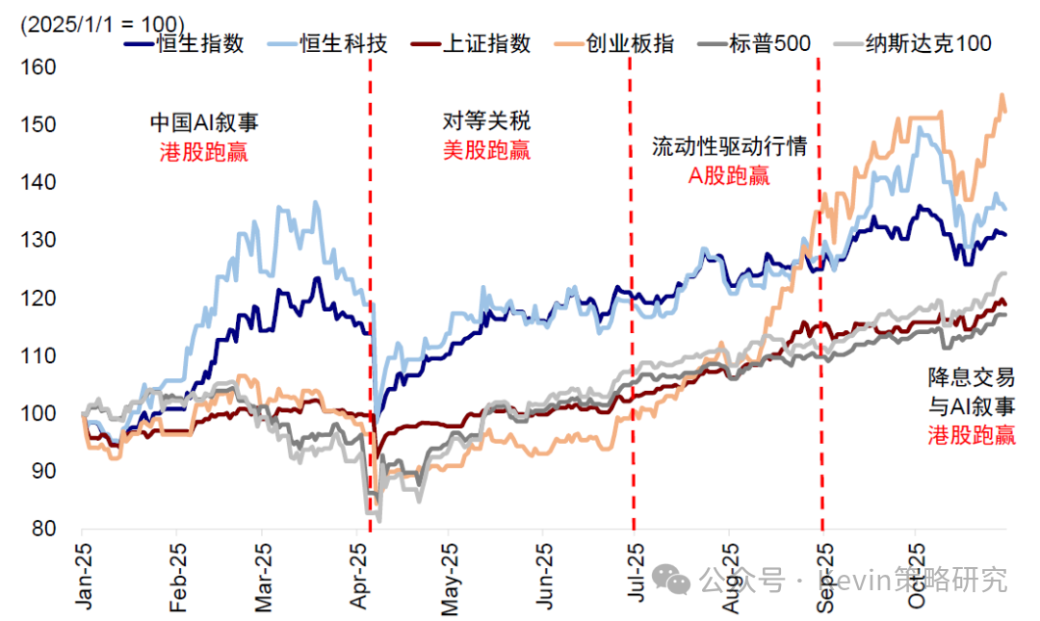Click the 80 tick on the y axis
[x=43, y=529]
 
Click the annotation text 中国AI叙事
[x=203, y=122]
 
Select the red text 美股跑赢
[x=486, y=150]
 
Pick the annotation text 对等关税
[x=486, y=122]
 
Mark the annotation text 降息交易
[x=971, y=376]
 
